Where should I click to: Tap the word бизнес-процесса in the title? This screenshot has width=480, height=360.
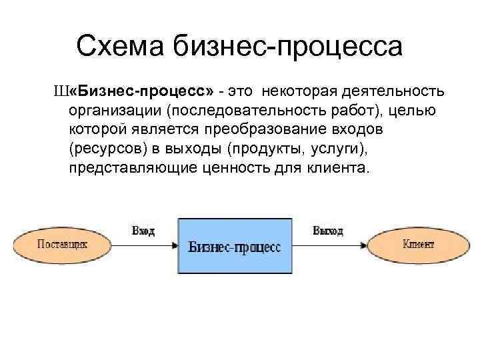[x=289, y=47]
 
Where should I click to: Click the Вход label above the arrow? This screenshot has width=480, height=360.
[x=143, y=231]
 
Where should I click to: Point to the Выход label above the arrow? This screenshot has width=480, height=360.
[x=328, y=231]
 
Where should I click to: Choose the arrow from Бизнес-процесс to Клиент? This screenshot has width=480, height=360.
[x=330, y=245]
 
